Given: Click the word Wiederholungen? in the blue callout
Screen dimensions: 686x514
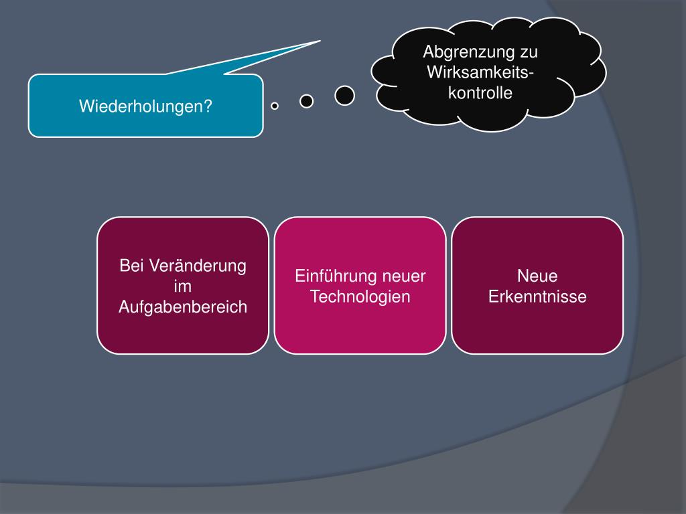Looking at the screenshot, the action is click(145, 106).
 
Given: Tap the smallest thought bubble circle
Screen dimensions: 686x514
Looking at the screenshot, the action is click(275, 106).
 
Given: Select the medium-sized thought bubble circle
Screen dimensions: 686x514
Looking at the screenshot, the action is click(306, 101).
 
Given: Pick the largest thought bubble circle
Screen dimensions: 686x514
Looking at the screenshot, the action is click(344, 96).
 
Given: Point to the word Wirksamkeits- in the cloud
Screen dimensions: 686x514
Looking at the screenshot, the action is click(480, 72).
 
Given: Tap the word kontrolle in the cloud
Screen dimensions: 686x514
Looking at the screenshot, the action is click(480, 92).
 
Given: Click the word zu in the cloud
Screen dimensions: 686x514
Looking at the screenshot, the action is click(529, 52).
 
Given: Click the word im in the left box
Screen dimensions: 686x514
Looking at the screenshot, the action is click(182, 286).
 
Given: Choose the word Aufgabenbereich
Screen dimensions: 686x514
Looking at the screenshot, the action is click(183, 307).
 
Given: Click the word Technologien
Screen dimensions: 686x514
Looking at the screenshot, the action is click(360, 297).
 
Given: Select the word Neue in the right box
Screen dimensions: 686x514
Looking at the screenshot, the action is click(537, 276).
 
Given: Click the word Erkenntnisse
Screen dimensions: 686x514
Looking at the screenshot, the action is click(537, 297).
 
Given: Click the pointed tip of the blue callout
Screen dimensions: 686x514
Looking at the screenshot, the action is click(319, 41).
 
